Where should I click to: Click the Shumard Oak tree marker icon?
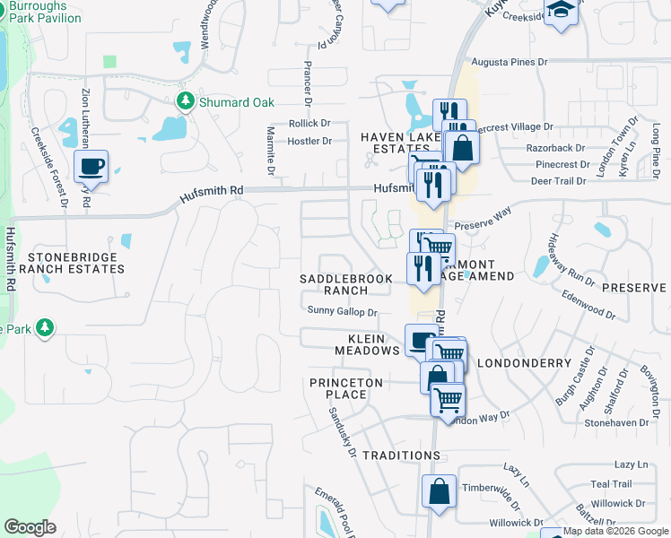(187, 101)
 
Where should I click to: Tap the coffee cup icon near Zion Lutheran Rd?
(91, 166)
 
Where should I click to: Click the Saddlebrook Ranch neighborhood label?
(346, 284)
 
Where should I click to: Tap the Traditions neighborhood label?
(401, 456)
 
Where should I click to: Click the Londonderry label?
(525, 363)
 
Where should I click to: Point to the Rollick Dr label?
(309, 123)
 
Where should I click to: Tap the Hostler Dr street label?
(309, 141)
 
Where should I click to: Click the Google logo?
(30, 526)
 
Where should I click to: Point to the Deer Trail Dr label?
(558, 180)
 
